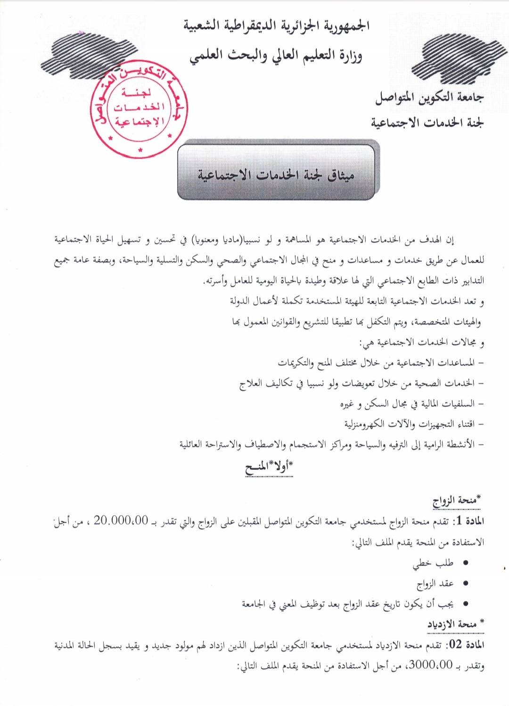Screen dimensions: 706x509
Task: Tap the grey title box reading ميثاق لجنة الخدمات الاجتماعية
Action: [276, 173]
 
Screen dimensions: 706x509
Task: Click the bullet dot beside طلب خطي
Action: [466, 563]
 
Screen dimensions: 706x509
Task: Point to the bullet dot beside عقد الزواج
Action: [466, 584]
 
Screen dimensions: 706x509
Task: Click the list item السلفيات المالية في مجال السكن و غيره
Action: [410, 404]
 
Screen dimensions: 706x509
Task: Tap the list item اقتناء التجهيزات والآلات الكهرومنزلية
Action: [412, 424]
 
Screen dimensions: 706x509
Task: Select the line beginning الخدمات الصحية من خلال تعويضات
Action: [361, 383]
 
